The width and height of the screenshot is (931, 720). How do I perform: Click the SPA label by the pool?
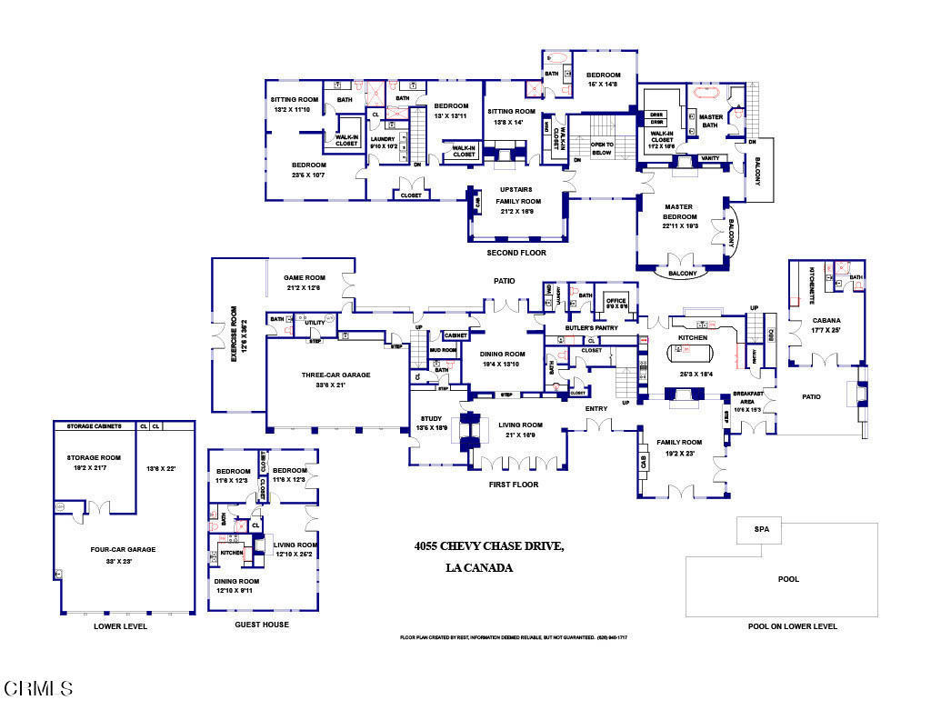coord(760,530)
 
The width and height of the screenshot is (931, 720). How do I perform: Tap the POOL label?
coord(788,579)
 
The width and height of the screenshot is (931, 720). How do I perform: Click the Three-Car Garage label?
coord(335,374)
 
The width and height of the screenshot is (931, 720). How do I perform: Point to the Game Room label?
coord(304,278)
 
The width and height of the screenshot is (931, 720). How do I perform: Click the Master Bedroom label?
coord(678,213)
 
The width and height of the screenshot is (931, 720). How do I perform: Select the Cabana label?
coord(826,321)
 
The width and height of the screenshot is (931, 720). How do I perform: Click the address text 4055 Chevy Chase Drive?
coord(489,545)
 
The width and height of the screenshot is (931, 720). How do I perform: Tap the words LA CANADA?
coord(479,568)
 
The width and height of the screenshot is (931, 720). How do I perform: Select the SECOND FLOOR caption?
coord(516,252)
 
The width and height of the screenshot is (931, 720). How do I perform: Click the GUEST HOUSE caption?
coord(262,625)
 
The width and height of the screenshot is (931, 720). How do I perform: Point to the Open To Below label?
coord(601,148)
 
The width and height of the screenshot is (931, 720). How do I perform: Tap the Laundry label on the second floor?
coord(382,140)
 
